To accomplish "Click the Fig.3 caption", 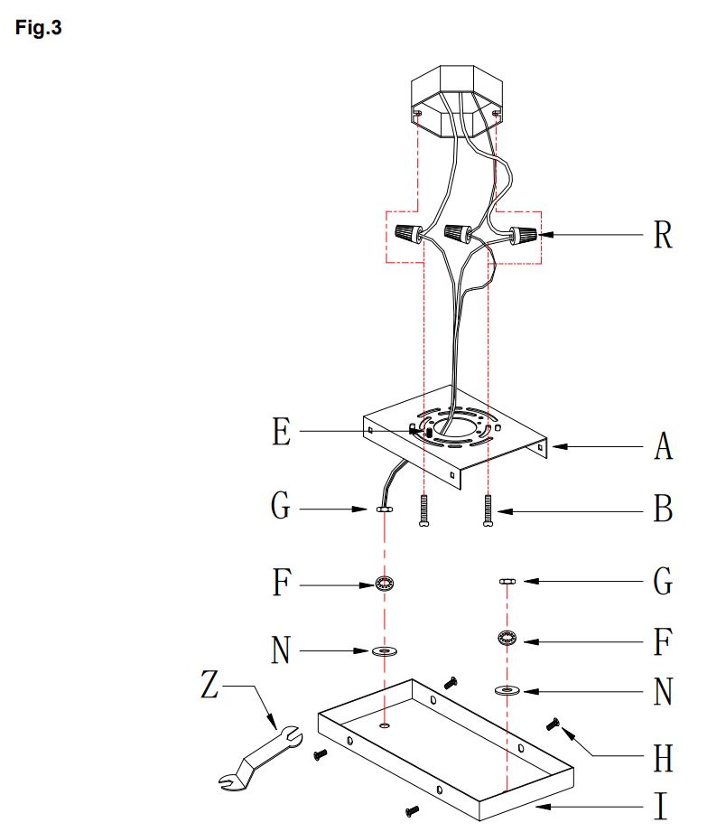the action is [x=38, y=28].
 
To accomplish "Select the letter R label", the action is [x=663, y=235].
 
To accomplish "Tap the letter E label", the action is [x=282, y=432].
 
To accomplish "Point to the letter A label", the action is [x=663, y=446].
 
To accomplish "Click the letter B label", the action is [x=663, y=509].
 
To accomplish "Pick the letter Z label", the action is [x=209, y=684].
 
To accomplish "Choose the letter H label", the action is [x=663, y=758].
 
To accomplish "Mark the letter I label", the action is [x=660, y=807].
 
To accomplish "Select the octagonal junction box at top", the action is [x=457, y=101].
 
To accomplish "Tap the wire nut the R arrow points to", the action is [x=523, y=235].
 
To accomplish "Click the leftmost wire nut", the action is [x=408, y=233].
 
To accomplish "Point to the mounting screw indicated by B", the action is [x=488, y=509].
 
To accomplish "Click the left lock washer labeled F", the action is [x=385, y=584].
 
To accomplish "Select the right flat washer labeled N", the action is [x=507, y=691].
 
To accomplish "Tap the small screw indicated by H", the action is [x=553, y=724].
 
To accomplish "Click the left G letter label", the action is [x=281, y=505].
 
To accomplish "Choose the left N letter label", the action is [x=281, y=650].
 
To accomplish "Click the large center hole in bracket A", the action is [x=454, y=427].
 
